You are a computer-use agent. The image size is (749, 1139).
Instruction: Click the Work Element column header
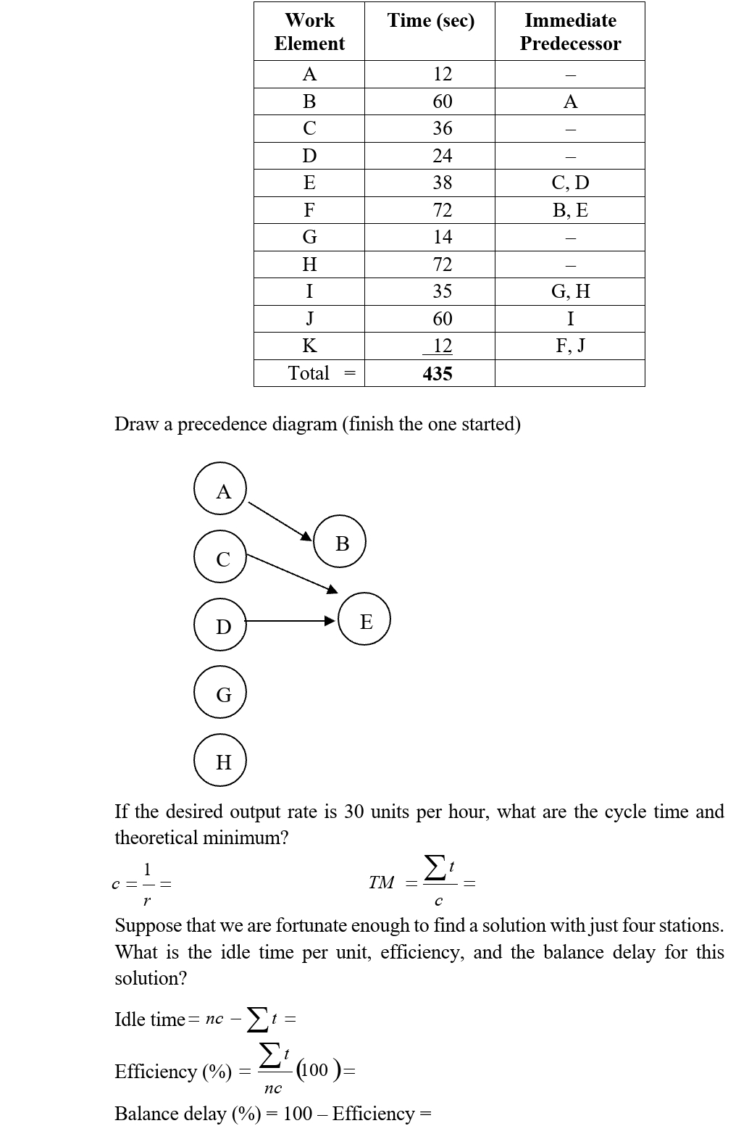[309, 32]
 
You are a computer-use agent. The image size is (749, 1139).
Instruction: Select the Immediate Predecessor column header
[570, 32]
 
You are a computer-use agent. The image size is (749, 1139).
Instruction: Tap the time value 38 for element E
[442, 183]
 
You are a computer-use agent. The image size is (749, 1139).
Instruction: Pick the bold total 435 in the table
[438, 374]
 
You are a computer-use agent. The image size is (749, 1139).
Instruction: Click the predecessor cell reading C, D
[570, 183]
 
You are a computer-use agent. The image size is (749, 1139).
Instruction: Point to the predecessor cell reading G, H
[570, 291]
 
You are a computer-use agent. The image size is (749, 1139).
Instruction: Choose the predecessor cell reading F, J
[570, 346]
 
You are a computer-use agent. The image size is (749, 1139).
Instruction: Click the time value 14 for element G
[442, 237]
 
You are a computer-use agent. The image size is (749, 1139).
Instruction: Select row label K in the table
[309, 346]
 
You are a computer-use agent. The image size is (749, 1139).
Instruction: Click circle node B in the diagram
[340, 542]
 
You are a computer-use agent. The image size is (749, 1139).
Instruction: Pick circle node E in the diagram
[364, 620]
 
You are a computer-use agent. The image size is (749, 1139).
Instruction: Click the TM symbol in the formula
[381, 882]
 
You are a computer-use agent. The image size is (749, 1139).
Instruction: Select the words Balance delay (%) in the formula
[188, 1114]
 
